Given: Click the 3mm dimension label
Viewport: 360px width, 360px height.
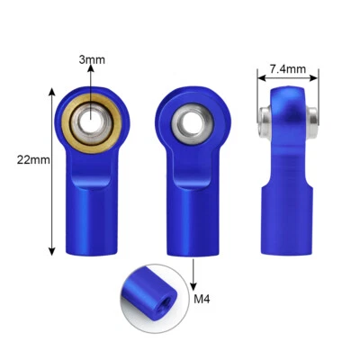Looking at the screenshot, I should point(92,60).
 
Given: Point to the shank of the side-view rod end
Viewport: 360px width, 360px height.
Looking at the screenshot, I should point(287,216).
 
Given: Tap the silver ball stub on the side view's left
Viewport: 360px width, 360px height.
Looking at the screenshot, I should point(264,115).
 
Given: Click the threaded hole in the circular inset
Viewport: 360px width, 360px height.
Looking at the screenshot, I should point(162,297).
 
